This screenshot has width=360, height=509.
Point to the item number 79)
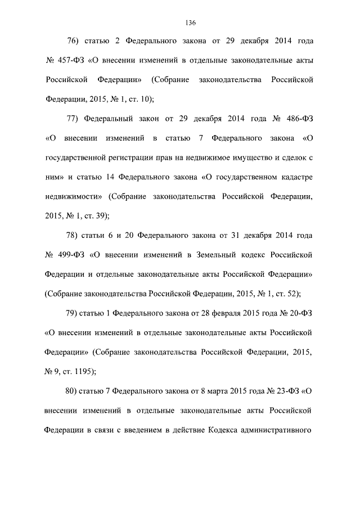[x=75, y=313]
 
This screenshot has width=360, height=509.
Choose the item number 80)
[x=75, y=390]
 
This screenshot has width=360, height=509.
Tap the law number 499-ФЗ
[x=70, y=255]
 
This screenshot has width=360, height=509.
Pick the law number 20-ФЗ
[x=297, y=313]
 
